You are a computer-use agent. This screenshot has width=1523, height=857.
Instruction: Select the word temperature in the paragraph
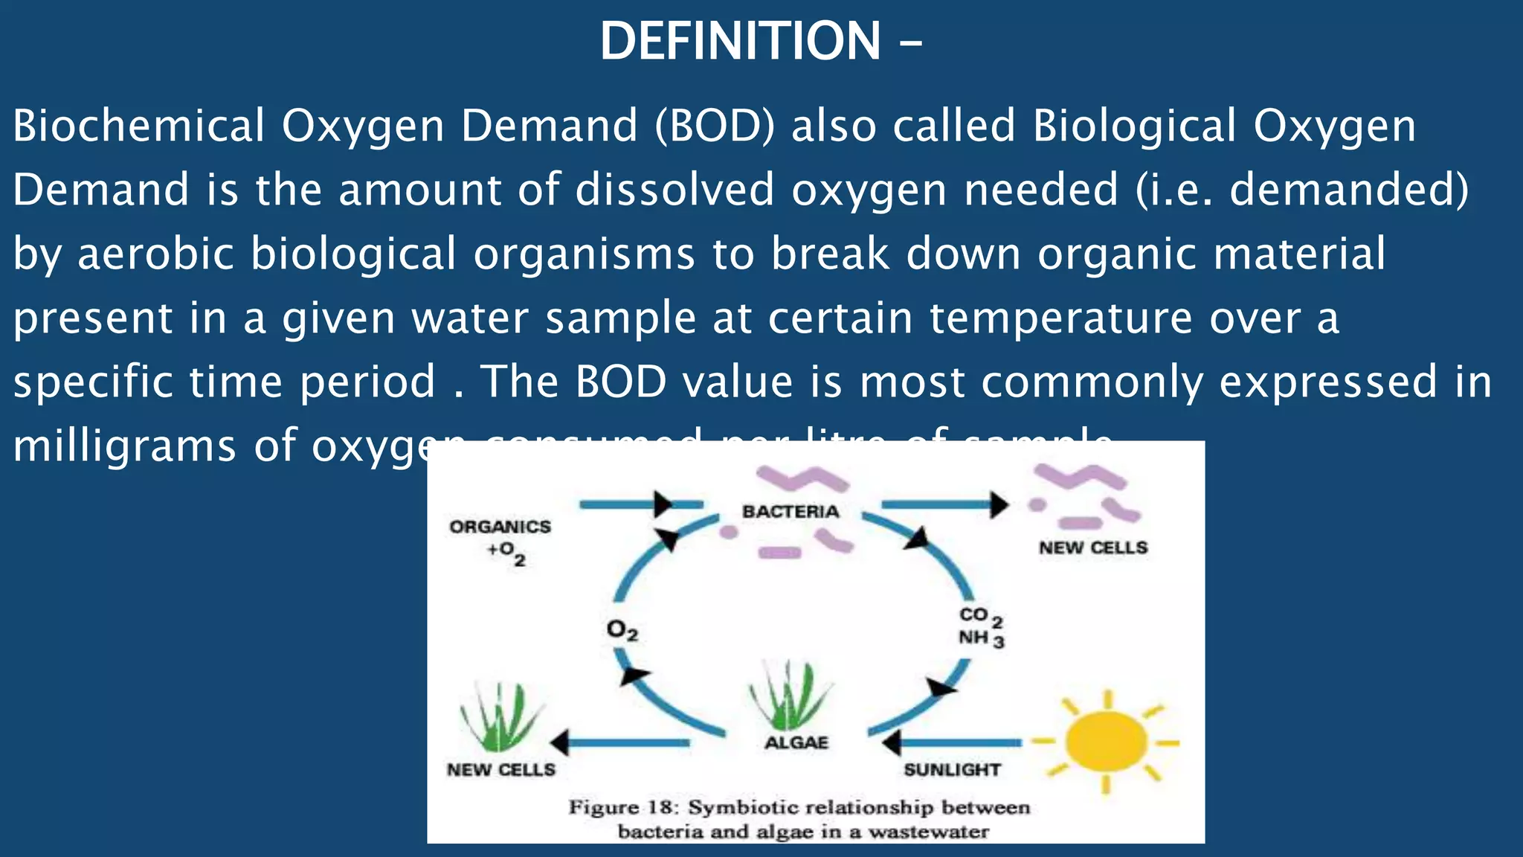pyautogui.click(x=1060, y=318)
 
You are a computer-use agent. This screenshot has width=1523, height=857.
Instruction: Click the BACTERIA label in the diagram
pyautogui.click(x=791, y=512)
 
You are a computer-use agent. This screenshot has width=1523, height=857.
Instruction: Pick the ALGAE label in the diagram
pyautogui.click(x=796, y=742)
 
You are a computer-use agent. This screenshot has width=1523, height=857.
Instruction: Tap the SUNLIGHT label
pyautogui.click(x=952, y=770)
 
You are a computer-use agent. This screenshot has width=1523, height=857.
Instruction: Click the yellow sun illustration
pyautogui.click(x=1105, y=741)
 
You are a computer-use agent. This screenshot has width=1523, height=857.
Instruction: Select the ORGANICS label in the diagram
pyautogui.click(x=500, y=527)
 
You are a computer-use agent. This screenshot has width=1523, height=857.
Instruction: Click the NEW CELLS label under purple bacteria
pyautogui.click(x=1093, y=548)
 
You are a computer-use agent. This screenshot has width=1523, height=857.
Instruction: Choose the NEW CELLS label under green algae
pyautogui.click(x=500, y=770)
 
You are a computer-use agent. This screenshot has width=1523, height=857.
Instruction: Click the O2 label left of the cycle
pyautogui.click(x=622, y=631)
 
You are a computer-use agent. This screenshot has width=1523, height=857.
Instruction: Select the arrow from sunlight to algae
pyautogui.click(x=952, y=742)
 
